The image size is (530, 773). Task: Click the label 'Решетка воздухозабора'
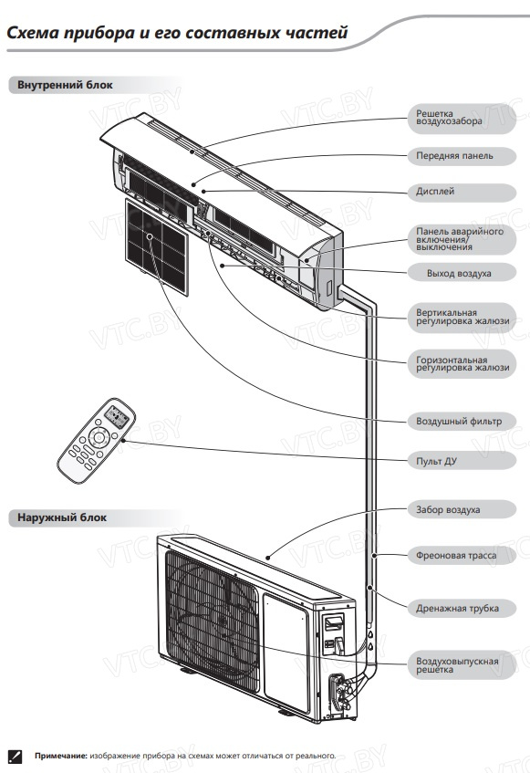point(449,118)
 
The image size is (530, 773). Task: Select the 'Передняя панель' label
point(454,156)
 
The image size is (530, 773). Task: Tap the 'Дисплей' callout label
point(435,192)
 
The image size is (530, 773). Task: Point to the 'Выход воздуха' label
point(459,273)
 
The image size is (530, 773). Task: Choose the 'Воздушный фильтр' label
point(459,421)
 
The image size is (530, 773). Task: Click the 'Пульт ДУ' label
point(436,461)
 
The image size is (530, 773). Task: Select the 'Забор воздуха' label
point(448,510)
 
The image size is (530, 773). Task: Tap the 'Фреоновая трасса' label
point(456,556)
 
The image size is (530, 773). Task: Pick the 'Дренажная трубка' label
point(457,609)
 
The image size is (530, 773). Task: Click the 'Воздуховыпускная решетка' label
point(457,665)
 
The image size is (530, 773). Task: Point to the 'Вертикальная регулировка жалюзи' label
point(462,317)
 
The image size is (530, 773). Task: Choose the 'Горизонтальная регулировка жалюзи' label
point(462,363)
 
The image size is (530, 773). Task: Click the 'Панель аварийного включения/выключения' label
point(460,239)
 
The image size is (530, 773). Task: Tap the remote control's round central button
point(99,437)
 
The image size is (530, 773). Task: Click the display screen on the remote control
point(118,417)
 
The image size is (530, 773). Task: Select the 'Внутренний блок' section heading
point(65,85)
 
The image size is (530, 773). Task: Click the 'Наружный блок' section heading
point(62,517)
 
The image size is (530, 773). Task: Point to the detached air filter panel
point(157,246)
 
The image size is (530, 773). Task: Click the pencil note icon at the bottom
point(15,756)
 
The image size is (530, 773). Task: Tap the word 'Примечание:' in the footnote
point(60,756)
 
